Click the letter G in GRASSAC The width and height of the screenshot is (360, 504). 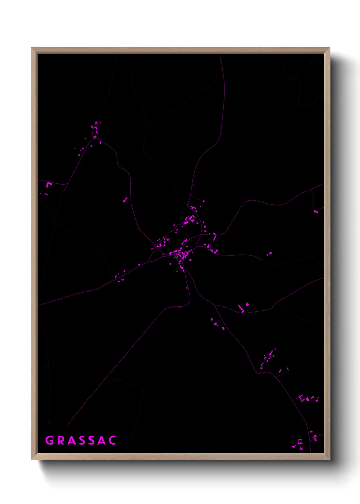49,440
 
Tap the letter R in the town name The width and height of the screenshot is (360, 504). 61,440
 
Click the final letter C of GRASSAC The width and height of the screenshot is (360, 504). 113,440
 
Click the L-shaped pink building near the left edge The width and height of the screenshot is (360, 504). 48,185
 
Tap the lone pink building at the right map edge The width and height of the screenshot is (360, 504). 316,212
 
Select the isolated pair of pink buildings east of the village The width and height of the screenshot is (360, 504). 269,254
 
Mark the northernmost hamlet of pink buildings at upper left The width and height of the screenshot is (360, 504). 95,129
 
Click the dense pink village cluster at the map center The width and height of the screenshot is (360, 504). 180,254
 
